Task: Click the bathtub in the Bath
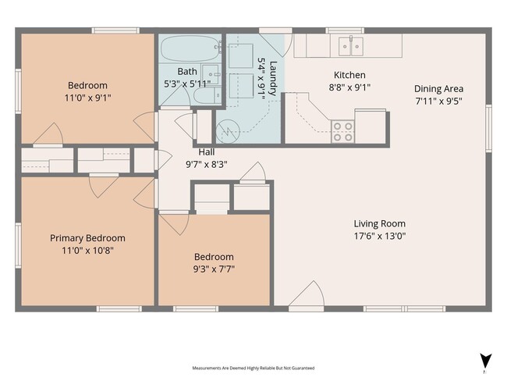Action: (190, 48)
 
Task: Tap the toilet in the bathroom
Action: (207, 95)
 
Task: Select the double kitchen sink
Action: (350, 46)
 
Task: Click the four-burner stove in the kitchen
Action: (342, 131)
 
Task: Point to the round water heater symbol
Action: (228, 131)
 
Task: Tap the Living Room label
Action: (380, 223)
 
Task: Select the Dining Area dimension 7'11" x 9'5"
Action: (438, 101)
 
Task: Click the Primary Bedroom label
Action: (87, 238)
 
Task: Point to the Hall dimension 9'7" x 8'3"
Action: (206, 165)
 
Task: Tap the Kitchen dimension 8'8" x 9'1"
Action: (349, 87)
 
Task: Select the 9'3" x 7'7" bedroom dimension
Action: (214, 269)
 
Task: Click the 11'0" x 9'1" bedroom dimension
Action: (87, 98)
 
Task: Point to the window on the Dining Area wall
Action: (488, 128)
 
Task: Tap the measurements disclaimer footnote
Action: (253, 368)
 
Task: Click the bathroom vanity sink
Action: (211, 74)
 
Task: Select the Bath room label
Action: (187, 71)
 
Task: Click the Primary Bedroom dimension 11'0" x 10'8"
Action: (87, 251)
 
